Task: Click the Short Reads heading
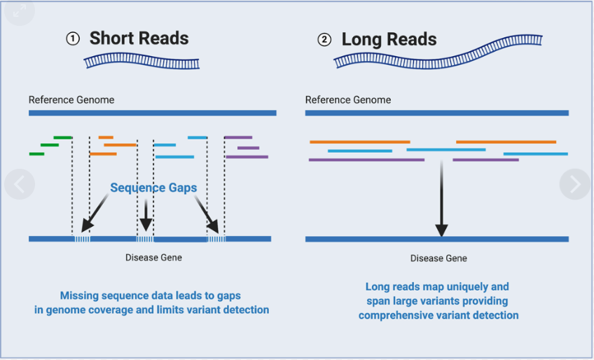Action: (x=139, y=39)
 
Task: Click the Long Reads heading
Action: (x=389, y=39)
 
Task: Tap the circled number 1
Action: (x=73, y=39)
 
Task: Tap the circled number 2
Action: (x=324, y=40)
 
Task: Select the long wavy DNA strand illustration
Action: (x=438, y=53)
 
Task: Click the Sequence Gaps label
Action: (x=153, y=188)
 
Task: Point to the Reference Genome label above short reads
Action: (x=71, y=99)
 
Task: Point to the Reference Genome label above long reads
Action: (x=347, y=99)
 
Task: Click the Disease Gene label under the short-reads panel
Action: (x=153, y=258)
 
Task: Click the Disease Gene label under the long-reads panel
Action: (x=438, y=258)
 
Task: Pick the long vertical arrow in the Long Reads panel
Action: (x=441, y=198)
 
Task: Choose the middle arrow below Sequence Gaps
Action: (x=146, y=215)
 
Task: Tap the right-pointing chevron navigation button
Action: (x=575, y=184)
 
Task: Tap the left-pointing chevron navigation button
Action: (x=20, y=184)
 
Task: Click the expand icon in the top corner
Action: (x=20, y=11)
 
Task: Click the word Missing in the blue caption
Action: (x=78, y=296)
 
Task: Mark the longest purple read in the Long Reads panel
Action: (x=366, y=160)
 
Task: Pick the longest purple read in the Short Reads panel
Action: (x=247, y=157)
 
